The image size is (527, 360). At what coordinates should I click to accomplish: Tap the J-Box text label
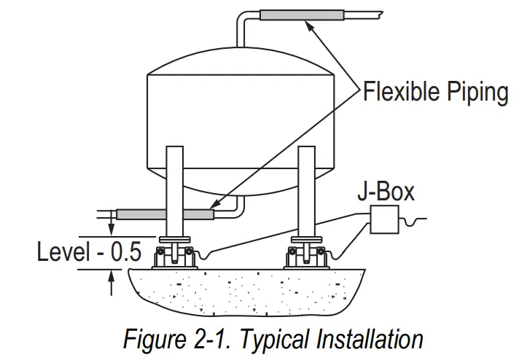(x=386, y=192)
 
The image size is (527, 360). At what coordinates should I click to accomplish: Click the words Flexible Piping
(x=435, y=93)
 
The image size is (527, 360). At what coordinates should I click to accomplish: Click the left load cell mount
(x=176, y=254)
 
